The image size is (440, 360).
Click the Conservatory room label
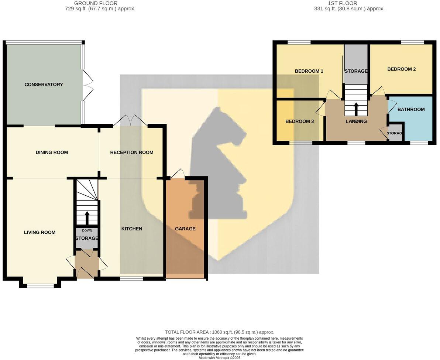(44, 85)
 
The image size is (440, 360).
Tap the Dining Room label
(52, 152)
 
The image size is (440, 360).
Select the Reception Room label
(131, 152)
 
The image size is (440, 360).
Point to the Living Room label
(39, 233)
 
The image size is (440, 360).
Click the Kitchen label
(132, 229)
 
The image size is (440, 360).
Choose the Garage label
(185, 229)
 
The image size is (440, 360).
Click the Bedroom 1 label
(309, 71)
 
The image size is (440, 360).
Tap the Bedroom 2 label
(401, 69)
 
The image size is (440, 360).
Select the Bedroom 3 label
(299, 121)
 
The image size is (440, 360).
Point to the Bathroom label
(411, 110)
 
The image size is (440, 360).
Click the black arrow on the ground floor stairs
(87, 218)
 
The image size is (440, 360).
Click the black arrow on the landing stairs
(356, 109)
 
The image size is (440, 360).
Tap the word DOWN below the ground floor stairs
(87, 231)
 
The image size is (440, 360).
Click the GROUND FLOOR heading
(96, 3)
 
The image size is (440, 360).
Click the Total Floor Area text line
(219, 332)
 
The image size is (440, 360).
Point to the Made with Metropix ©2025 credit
(219, 358)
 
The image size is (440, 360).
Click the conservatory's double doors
(88, 85)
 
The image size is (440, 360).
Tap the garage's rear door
(177, 174)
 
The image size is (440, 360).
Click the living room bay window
(40, 285)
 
